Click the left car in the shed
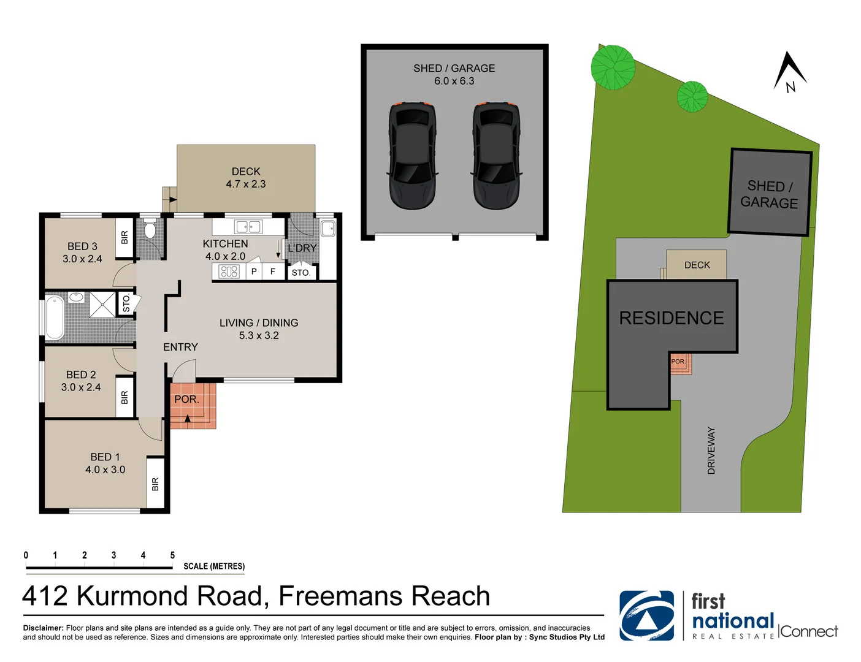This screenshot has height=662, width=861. [x=412, y=155]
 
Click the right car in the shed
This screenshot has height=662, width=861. [x=496, y=155]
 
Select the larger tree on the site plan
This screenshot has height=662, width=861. [x=613, y=67]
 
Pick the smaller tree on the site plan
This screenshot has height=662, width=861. [x=692, y=96]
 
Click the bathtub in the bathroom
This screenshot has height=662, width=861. [x=55, y=317]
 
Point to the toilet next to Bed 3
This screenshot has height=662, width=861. [x=150, y=230]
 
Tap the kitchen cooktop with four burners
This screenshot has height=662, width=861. [x=229, y=272]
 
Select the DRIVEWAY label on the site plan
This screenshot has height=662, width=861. [x=711, y=451]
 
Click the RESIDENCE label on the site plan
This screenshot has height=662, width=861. [x=672, y=318]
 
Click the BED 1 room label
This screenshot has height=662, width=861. [x=105, y=457]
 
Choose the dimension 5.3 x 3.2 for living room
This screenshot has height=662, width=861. [x=259, y=336]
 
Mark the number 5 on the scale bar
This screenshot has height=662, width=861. [x=172, y=555]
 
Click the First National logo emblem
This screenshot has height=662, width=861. [x=646, y=615]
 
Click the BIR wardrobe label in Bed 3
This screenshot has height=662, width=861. [x=124, y=237]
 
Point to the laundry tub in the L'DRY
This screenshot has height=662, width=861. [x=328, y=229]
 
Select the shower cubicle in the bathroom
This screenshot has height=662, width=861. [x=102, y=305]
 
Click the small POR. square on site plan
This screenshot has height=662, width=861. [x=678, y=362]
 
